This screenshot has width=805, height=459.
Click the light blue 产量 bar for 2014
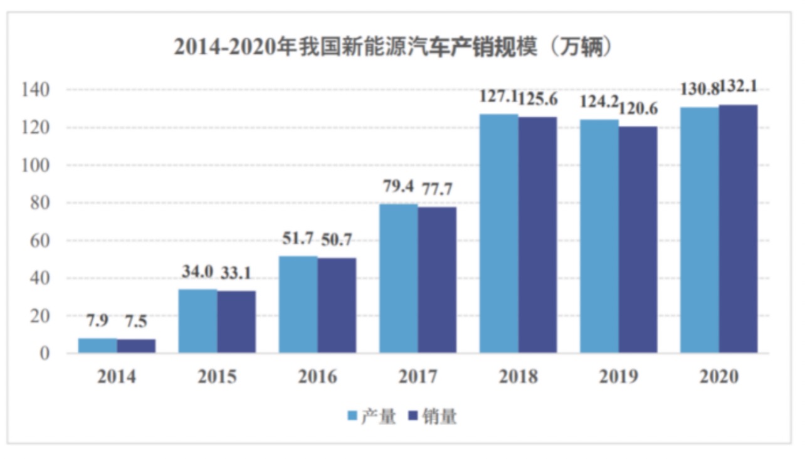pyautogui.click(x=97, y=346)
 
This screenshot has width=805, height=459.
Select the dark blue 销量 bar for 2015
pyautogui.click(x=236, y=322)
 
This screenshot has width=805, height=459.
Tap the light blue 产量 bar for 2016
pyautogui.click(x=298, y=304)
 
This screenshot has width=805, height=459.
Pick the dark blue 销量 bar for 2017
pyautogui.click(x=437, y=280)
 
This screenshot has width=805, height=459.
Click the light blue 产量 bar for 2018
pyautogui.click(x=499, y=233)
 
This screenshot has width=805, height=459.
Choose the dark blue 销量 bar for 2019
pyautogui.click(x=638, y=240)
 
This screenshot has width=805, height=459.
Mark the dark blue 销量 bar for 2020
pyautogui.click(x=738, y=229)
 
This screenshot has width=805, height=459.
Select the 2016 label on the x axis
pyautogui.click(x=317, y=377)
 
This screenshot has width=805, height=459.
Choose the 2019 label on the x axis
pyautogui.click(x=618, y=377)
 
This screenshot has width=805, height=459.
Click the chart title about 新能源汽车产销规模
pyautogui.click(x=393, y=48)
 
